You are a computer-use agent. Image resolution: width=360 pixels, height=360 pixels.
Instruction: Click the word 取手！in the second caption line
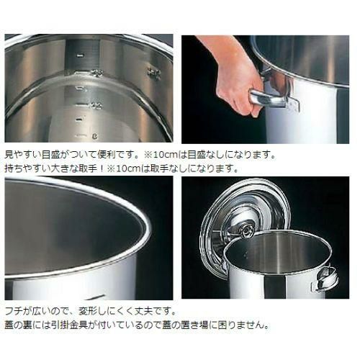(x=91, y=168)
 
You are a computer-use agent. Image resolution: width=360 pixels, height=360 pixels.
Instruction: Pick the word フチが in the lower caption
(x=18, y=312)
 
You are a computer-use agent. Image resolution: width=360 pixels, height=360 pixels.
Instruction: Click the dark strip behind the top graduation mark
(x=83, y=54)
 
